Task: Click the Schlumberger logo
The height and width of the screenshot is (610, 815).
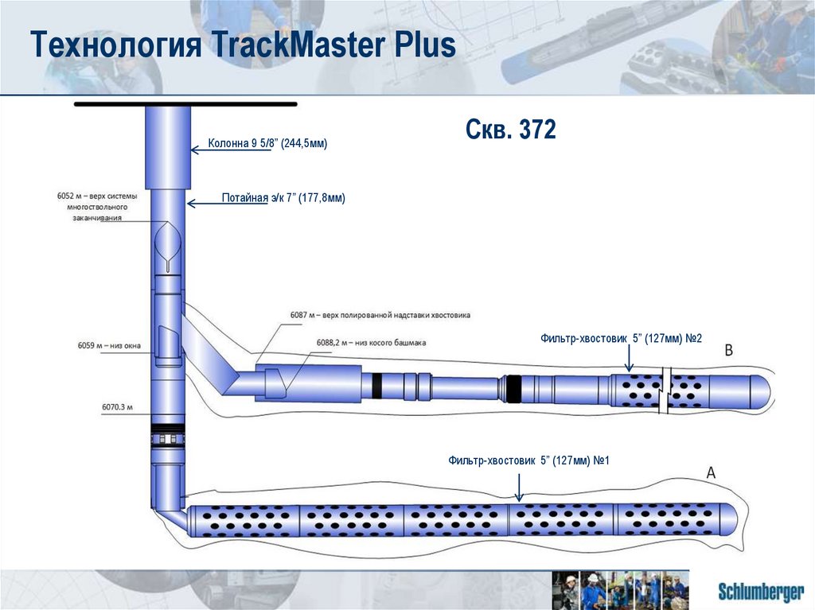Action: point(760,591)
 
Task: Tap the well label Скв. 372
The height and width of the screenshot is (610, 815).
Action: point(510,130)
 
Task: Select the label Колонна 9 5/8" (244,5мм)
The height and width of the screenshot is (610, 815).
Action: point(268,144)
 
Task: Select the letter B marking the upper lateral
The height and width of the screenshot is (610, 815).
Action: point(729,349)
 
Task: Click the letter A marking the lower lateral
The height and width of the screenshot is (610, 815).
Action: point(712,472)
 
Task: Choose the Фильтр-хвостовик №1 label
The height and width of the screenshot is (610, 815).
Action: point(528,460)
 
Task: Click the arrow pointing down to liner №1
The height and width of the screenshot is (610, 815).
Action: point(519,486)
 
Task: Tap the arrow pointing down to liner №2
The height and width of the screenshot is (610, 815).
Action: point(628,359)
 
